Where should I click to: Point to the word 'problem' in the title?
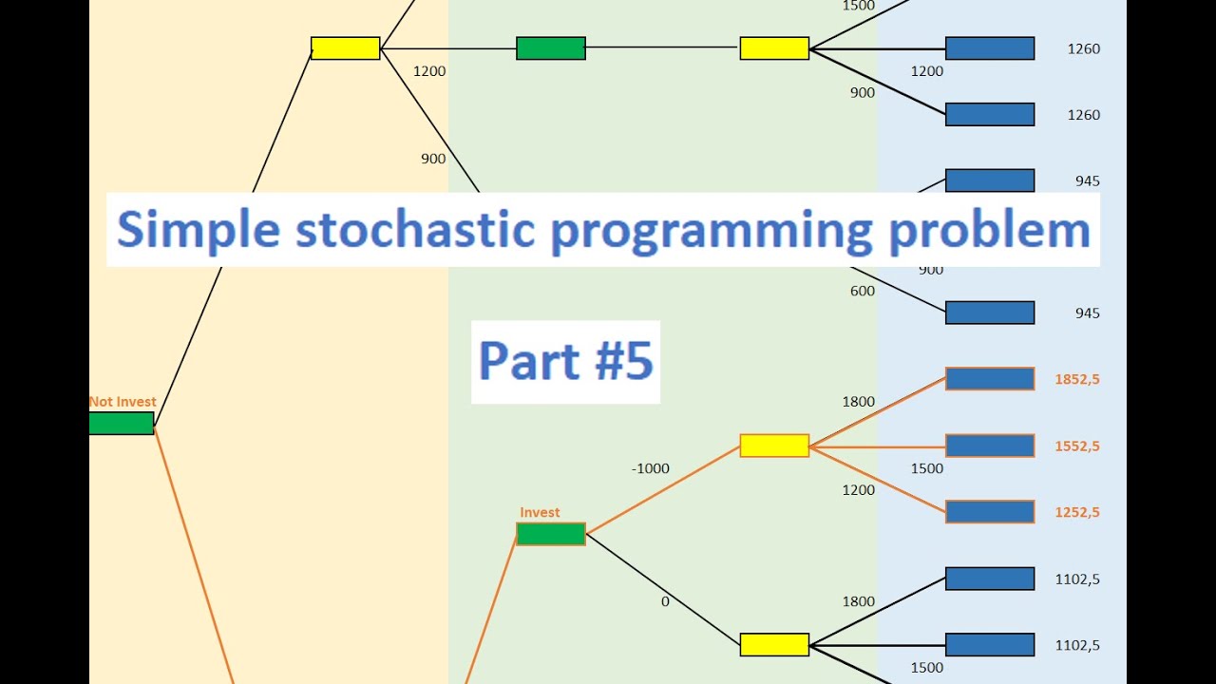click(x=989, y=231)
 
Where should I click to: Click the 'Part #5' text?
click(x=565, y=361)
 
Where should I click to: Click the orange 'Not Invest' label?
click(x=123, y=402)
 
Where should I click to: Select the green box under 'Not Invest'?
click(x=122, y=424)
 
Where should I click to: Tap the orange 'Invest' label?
click(x=540, y=513)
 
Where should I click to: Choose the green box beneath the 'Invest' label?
click(x=551, y=534)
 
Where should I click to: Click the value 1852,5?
click(x=1077, y=379)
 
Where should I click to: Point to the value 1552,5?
click(x=1077, y=446)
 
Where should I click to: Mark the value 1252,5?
click(x=1077, y=512)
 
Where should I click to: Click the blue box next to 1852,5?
click(x=990, y=379)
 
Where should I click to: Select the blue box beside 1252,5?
click(x=990, y=512)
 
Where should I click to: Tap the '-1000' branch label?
click(x=650, y=468)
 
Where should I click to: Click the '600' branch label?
click(x=863, y=292)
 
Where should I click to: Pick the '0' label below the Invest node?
click(x=665, y=601)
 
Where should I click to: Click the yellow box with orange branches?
click(x=774, y=446)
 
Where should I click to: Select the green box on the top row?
click(x=551, y=48)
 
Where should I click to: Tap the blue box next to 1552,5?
click(x=990, y=446)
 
